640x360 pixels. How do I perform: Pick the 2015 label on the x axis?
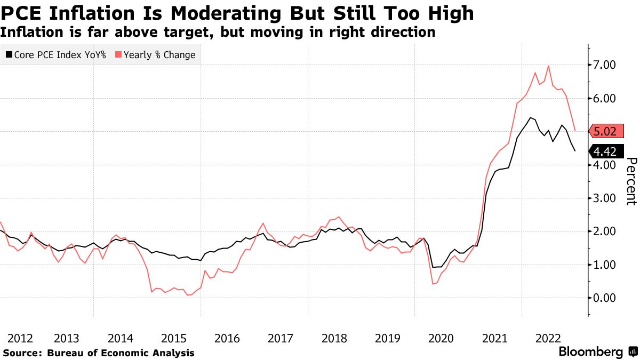coord(174,338)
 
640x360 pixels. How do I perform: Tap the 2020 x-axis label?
coord(441,338)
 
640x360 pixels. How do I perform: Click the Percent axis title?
coord(631,181)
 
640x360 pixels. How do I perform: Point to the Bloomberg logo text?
coord(590,352)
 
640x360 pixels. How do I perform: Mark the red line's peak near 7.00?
coord(549,66)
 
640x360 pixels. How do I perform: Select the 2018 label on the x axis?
coord(334,338)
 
